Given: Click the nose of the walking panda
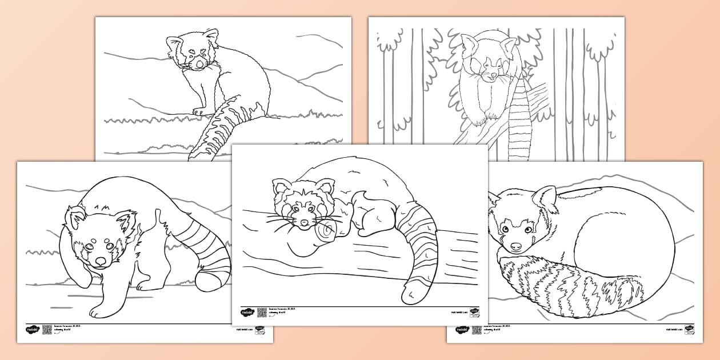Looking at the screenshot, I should (x=99, y=262).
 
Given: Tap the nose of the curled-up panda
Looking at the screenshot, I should (x=516, y=247).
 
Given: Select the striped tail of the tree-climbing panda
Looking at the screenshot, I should (x=519, y=129).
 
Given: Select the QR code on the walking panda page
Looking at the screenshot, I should (x=47, y=330).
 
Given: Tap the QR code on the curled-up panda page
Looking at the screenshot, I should (x=477, y=330).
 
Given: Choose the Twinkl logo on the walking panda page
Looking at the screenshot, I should (x=31, y=330).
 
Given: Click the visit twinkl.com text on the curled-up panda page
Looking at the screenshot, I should (x=674, y=330).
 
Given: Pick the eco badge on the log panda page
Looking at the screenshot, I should (x=474, y=313).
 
